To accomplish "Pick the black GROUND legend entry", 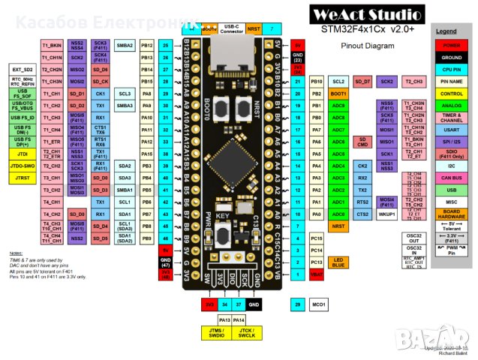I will [451, 56].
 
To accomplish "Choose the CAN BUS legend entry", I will [451, 178].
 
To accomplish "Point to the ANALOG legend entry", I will [451, 106].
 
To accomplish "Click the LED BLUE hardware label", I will [338, 262].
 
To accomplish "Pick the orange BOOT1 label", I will [338, 94].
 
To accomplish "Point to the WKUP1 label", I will [386, 214].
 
